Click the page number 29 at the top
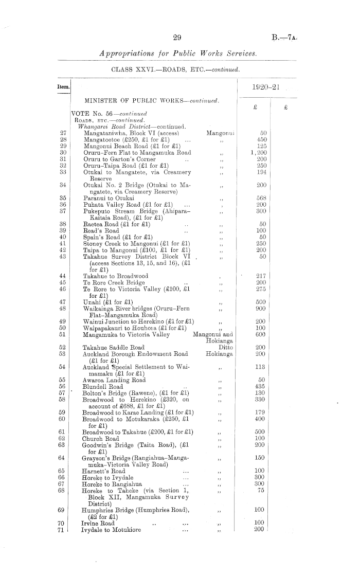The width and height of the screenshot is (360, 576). pos(178,37)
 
